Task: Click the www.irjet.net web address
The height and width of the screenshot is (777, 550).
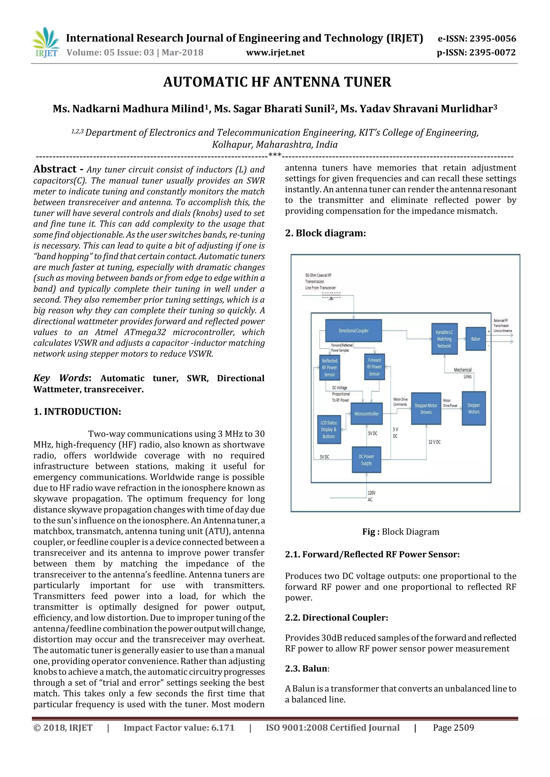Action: pos(275,53)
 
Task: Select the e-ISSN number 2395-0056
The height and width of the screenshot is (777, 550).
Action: pos(477,39)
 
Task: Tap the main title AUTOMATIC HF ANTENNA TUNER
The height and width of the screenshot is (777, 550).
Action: pos(277,82)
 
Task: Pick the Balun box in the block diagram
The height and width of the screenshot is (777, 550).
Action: pos(476,339)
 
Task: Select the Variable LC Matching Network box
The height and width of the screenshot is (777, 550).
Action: pos(444,339)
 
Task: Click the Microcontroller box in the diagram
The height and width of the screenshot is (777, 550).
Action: pos(366,413)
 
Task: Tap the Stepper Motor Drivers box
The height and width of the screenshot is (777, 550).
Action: pos(426,409)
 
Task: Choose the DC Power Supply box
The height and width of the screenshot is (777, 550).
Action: pos(366,460)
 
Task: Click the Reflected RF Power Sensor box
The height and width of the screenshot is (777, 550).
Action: pos(330,368)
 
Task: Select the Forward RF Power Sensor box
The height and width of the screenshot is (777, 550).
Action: pos(374,367)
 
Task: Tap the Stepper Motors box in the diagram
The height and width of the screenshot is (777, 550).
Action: pos(473,408)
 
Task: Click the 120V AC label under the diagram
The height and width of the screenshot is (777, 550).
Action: pos(371,496)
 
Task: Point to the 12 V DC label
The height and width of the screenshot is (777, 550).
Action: pos(434,442)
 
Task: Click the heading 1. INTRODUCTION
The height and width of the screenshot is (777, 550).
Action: pos(77,412)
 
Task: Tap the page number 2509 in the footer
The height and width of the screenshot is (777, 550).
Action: pos(454,728)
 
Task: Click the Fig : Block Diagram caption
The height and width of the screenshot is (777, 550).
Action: pos(401,532)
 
